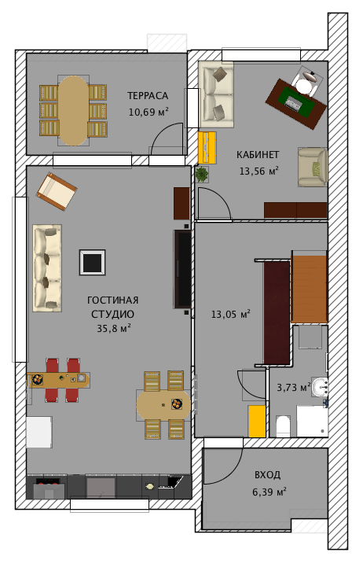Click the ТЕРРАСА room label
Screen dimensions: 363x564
pos(148,96)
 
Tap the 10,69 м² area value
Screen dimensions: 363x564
pos(148,112)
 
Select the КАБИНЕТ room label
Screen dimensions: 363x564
pos(258,155)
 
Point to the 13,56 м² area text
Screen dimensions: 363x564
pos(259,171)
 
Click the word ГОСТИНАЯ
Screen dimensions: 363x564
pos(113,300)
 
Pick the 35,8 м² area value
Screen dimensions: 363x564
pos(113,328)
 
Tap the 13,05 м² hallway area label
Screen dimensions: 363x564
pos(230,314)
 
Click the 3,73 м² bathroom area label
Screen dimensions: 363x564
pos(294,387)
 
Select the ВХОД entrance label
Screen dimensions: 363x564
pos(267,475)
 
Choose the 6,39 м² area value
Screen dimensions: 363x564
pos(269,492)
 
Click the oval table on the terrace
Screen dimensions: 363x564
pos(74,111)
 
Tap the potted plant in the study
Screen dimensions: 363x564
pos(202,175)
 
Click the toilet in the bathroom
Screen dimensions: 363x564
pos(283,426)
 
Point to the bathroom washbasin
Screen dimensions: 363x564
pos(320,387)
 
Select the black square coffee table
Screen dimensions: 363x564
pos(93,263)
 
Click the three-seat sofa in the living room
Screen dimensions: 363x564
pos(47,268)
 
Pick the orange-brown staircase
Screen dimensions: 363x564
pos(309,289)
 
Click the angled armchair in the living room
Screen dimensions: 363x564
pos(57,191)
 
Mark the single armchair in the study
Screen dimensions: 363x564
pos(313,167)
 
